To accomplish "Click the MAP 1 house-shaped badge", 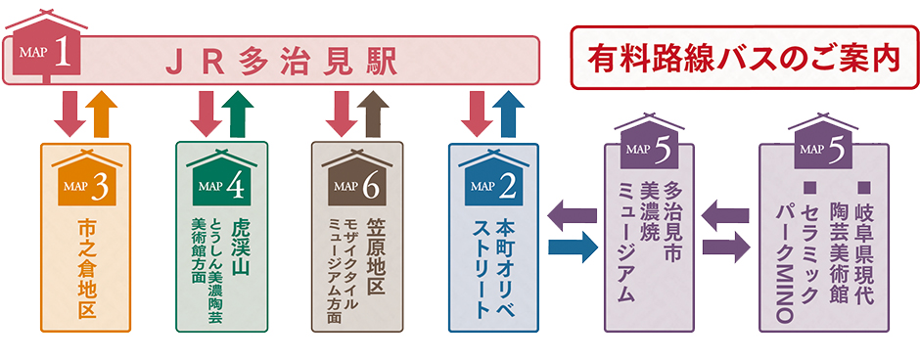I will tap(45, 48).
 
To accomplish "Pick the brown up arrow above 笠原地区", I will tap(373, 114).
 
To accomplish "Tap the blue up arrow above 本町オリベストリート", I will tap(506, 114).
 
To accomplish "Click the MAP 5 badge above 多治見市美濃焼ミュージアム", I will tap(649, 147).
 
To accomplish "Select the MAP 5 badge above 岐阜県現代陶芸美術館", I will tap(824, 147).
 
